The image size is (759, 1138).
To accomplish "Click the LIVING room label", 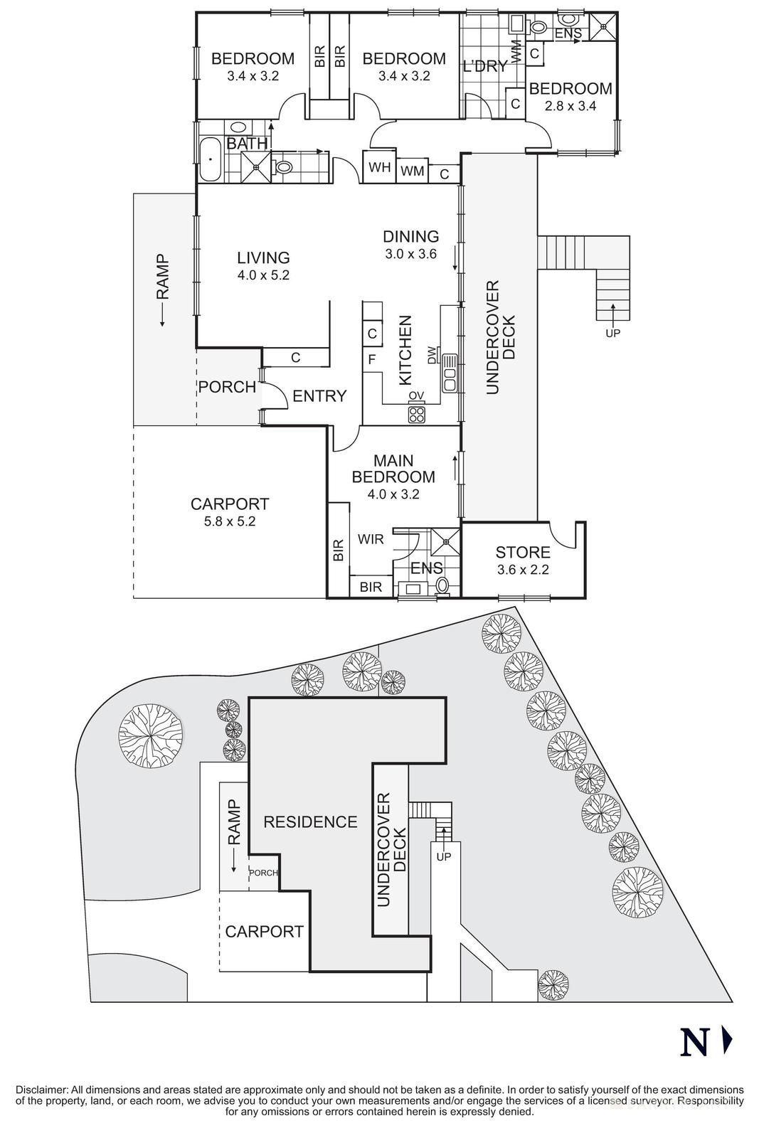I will (263, 257).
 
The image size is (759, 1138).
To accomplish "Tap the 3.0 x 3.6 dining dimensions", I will (410, 254).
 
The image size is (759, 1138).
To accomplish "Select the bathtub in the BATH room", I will (209, 160).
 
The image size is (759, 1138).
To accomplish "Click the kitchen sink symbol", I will (450, 373).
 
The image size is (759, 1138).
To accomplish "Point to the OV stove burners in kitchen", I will (417, 414).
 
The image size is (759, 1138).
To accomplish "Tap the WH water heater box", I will (379, 168).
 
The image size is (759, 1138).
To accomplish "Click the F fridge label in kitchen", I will (371, 359).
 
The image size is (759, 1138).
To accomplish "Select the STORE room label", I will (523, 552).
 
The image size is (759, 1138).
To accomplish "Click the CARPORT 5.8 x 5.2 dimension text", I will (229, 521).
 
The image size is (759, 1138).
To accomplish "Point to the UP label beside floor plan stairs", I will (611, 332).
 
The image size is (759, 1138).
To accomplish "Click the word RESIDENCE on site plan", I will (310, 822).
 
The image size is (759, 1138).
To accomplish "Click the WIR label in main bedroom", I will (371, 539).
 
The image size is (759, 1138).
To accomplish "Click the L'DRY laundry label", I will (485, 67).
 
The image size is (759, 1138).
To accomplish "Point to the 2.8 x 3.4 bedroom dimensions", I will (570, 106).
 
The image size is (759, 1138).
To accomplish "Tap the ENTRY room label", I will (319, 396).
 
